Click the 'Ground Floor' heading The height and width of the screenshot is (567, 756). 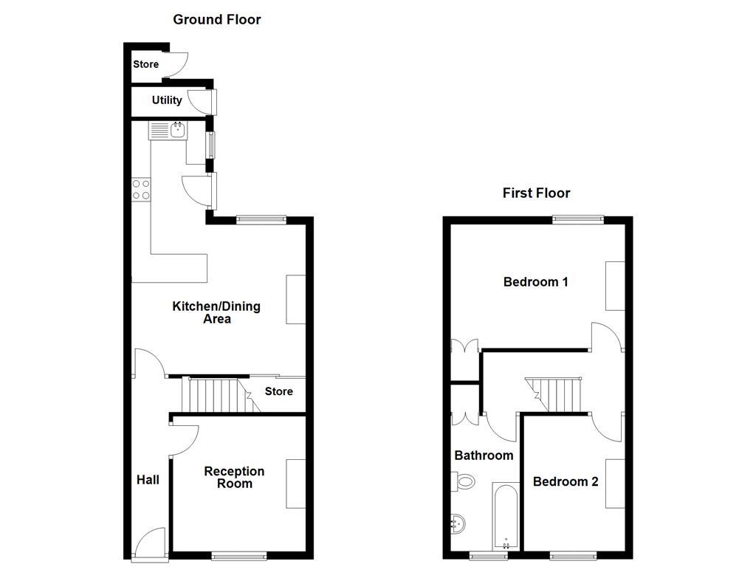(216, 20)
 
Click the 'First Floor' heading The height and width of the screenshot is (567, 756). (536, 193)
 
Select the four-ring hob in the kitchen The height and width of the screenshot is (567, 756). (141, 190)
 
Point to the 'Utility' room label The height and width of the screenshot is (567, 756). (167, 100)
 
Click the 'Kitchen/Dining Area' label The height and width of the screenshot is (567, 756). (216, 313)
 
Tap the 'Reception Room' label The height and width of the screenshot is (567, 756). (234, 478)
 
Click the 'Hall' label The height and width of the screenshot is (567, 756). (148, 480)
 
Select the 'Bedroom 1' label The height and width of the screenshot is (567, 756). (535, 282)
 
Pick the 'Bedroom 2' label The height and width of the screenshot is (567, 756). (566, 482)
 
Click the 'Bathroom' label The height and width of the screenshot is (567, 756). (484, 456)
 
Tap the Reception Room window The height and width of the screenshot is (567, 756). (238, 555)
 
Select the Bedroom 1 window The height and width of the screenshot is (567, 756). (579, 219)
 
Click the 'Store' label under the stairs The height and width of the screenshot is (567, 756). (279, 391)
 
